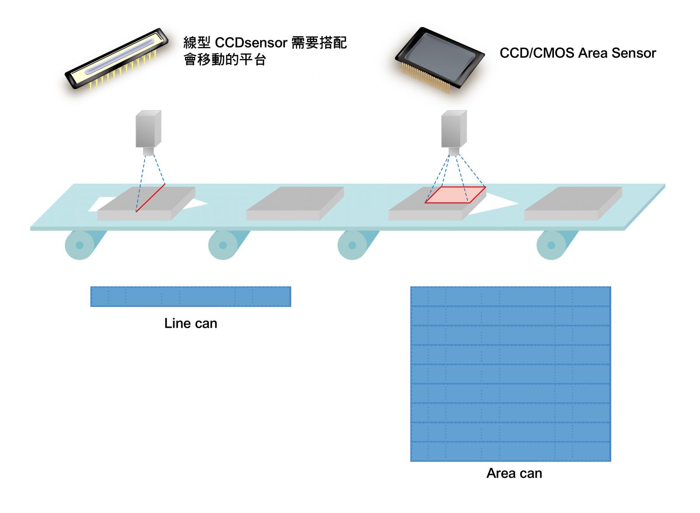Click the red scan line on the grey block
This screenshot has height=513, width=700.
[150, 198]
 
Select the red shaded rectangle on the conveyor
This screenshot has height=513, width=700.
[455, 195]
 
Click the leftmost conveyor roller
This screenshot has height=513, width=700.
[80, 245]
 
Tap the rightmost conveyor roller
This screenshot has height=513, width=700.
[551, 245]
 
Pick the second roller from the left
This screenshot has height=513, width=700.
[223, 245]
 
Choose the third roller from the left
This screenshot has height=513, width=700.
[352, 245]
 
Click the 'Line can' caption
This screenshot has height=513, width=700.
[191, 323]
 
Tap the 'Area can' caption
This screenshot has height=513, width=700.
[514, 473]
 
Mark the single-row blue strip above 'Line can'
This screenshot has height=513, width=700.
[190, 297]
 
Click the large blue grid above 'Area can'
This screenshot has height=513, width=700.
[510, 374]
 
